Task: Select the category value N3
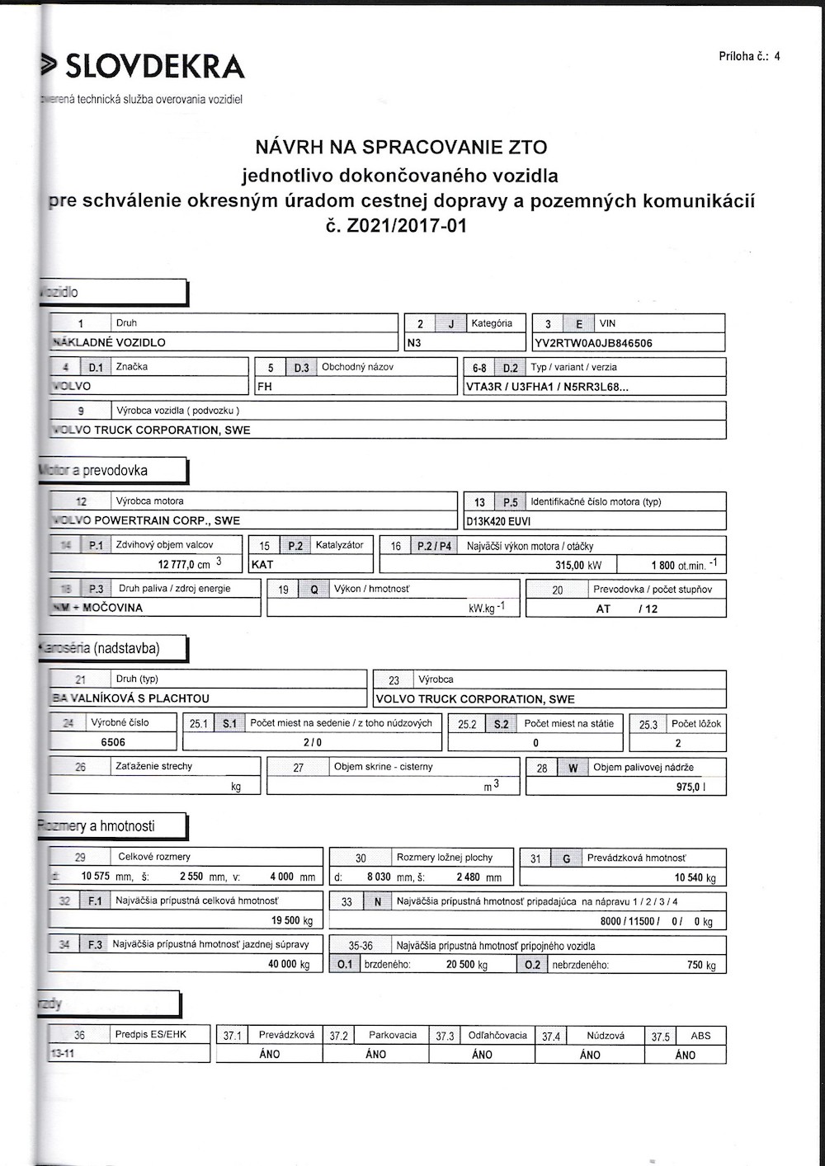tap(414, 343)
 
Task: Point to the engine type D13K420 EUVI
tap(498, 521)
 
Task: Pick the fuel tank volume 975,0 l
tap(691, 788)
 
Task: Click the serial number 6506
tap(113, 742)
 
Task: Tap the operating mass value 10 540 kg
tap(695, 878)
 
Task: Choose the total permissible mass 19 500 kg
tap(292, 921)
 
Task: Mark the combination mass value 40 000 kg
tap(289, 964)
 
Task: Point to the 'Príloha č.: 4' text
tap(749, 57)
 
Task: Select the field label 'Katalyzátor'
tap(339, 545)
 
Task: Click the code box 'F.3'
tap(95, 944)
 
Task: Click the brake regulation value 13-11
tap(63, 1054)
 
